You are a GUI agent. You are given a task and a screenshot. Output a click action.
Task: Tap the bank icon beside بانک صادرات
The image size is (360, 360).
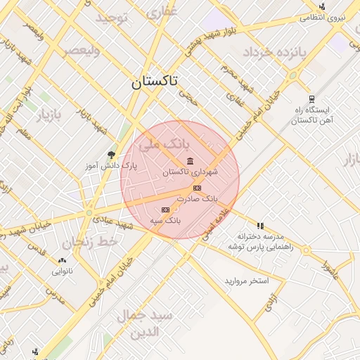point(196,188)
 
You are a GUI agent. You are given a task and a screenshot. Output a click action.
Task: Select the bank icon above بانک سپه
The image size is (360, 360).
point(165,210)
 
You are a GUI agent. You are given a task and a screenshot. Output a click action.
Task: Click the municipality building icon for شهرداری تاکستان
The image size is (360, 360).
point(191,162)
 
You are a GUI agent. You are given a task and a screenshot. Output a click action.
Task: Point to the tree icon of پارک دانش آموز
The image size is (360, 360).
point(110,155)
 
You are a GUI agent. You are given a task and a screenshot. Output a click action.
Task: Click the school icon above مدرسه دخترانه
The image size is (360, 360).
point(260,226)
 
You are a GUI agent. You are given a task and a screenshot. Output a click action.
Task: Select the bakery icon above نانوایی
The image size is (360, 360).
point(62,259)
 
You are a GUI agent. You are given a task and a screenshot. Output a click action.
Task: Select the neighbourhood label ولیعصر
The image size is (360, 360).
point(82,51)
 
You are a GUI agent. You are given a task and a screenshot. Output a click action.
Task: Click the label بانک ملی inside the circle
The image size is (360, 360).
point(163,145)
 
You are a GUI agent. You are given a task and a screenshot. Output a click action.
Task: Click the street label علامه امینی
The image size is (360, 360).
point(217,224)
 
